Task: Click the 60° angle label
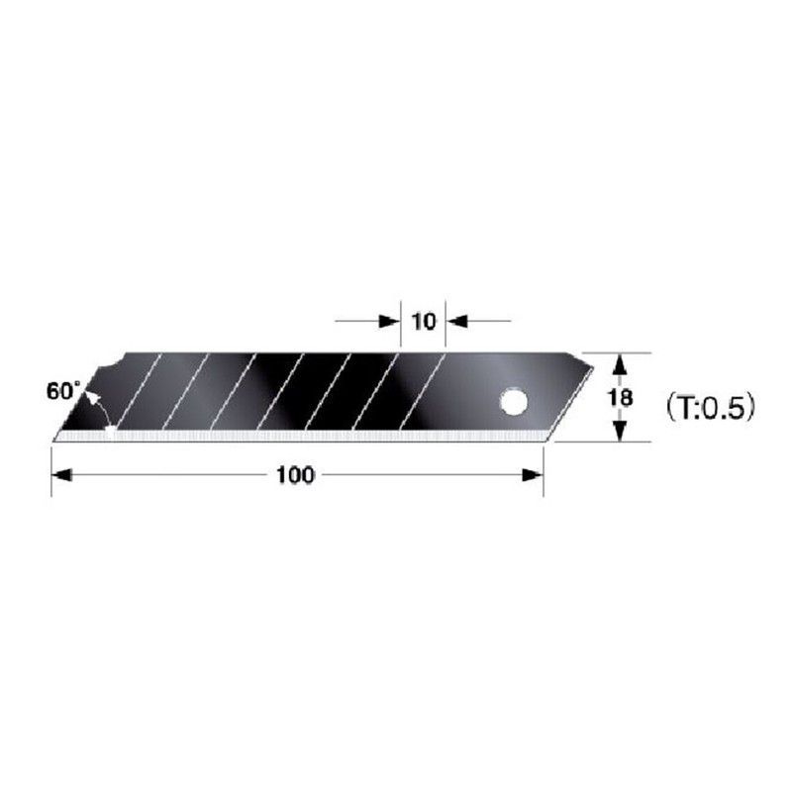[61, 390]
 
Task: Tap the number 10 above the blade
[423, 322]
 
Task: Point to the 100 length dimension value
[295, 475]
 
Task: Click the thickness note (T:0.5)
[710, 406]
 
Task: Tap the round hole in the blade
[513, 402]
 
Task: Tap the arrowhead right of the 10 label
[456, 321]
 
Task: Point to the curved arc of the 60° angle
[96, 406]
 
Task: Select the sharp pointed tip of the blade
[55, 438]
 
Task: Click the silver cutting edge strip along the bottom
[297, 435]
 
